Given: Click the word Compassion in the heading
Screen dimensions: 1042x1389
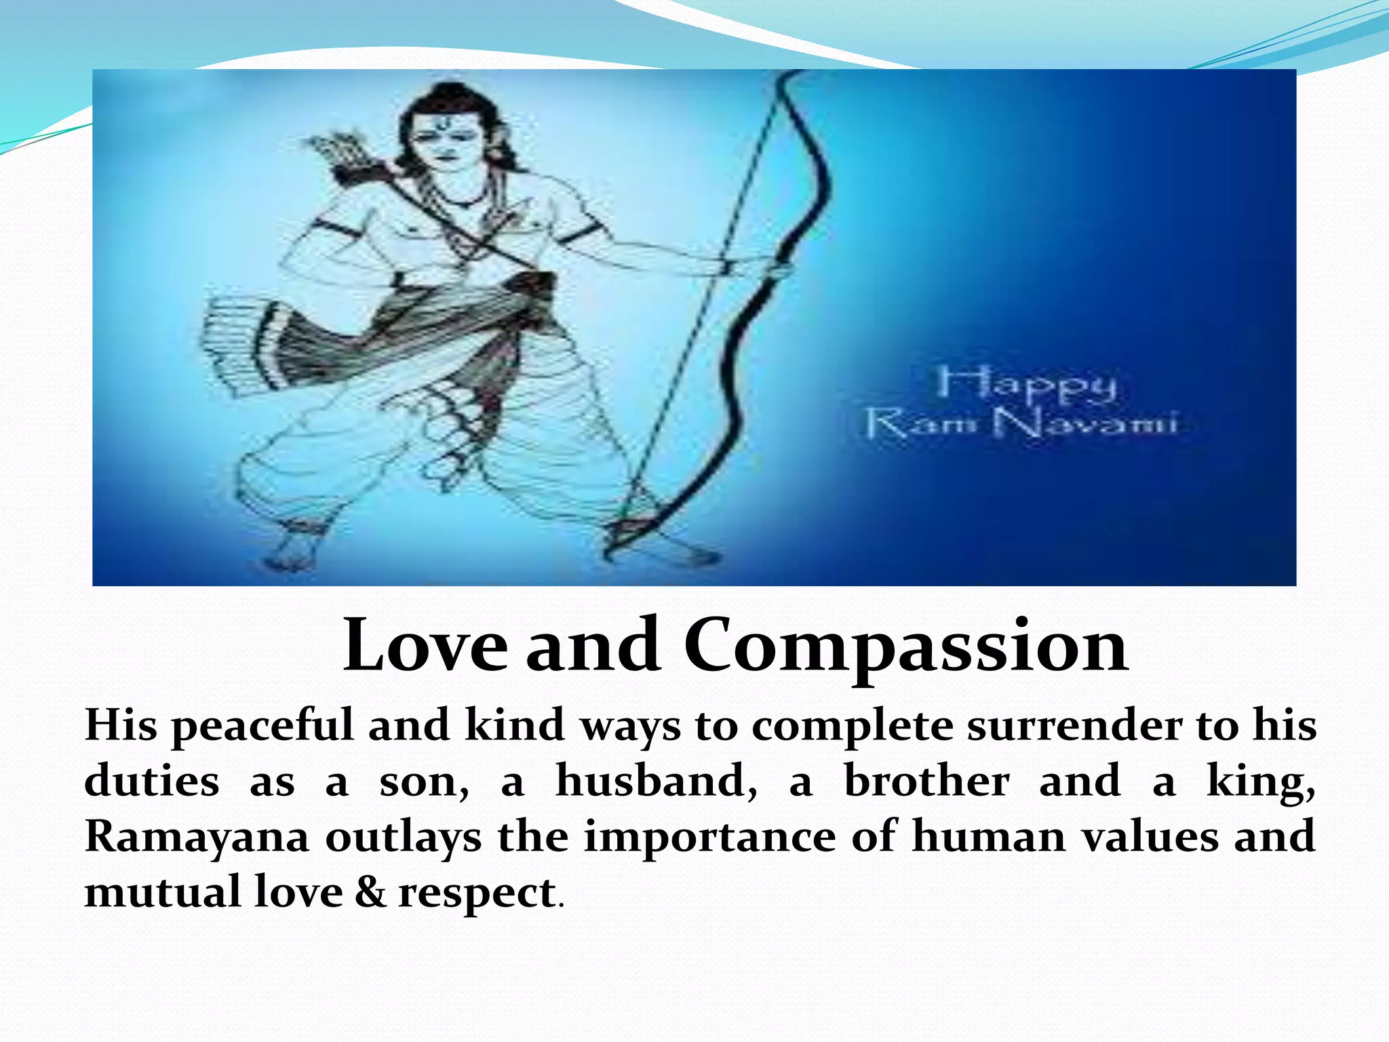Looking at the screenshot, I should point(905,647).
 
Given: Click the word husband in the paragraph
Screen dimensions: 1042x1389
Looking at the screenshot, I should point(656,781).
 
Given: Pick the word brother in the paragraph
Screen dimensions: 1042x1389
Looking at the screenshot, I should point(926,781).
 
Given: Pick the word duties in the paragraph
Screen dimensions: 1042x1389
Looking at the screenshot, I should point(152,781).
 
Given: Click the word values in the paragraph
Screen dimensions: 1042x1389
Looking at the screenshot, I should point(1150,836).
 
